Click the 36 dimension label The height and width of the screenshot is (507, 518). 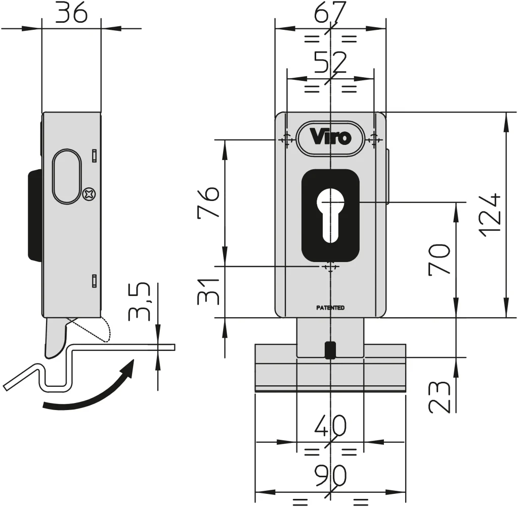click(x=71, y=13)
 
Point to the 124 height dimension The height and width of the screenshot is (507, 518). click(x=490, y=215)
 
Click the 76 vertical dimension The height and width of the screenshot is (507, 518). click(x=208, y=202)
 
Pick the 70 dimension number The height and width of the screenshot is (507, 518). click(x=439, y=259)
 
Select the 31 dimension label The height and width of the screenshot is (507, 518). click(x=208, y=291)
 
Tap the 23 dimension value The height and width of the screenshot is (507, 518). click(x=439, y=397)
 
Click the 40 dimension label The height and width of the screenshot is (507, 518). click(x=330, y=427)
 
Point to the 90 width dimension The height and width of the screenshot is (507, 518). click(x=330, y=476)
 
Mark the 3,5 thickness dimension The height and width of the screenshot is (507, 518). click(x=139, y=302)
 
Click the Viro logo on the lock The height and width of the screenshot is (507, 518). click(x=330, y=137)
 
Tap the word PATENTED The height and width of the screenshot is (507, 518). click(x=330, y=308)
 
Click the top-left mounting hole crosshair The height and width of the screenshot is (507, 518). click(x=286, y=139)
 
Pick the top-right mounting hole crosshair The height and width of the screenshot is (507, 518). click(x=374, y=139)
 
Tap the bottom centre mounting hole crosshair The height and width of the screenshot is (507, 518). click(x=330, y=266)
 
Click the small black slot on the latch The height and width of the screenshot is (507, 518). click(x=330, y=350)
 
